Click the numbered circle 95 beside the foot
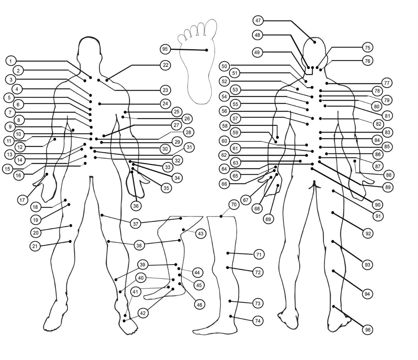click(165, 49)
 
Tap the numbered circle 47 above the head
click(258, 20)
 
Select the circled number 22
click(165, 65)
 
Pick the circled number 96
click(367, 330)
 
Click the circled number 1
click(11, 61)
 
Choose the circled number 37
click(135, 224)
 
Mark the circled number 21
click(35, 246)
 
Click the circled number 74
click(258, 320)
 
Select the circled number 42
click(143, 313)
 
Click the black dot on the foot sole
click(207, 50)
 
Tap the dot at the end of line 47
click(315, 42)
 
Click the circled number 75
click(367, 48)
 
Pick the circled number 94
click(367, 294)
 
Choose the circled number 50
click(224, 66)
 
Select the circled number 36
click(136, 206)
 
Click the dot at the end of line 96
click(334, 306)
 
